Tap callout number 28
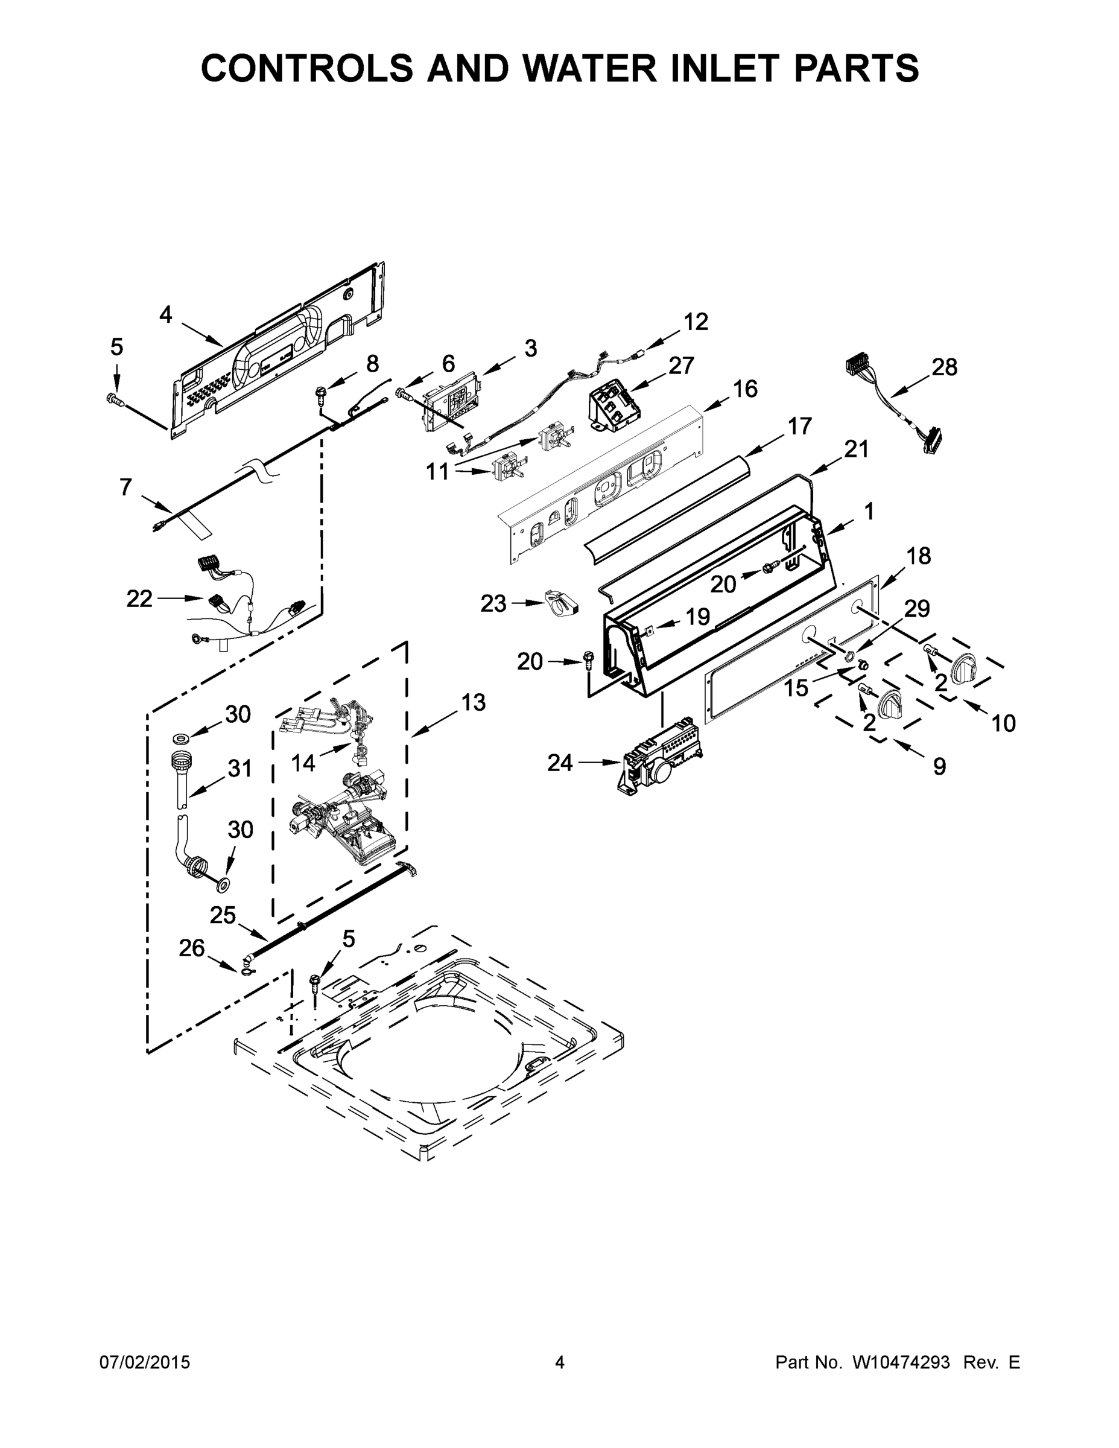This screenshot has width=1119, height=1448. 944,367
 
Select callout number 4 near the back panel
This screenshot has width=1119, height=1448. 166,314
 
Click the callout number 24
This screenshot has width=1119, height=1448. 560,763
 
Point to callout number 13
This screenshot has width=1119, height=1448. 474,702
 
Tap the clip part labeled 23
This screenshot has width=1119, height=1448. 561,602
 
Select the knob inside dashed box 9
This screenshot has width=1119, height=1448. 890,703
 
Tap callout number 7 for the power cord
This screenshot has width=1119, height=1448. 125,487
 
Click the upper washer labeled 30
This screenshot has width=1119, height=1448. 180,737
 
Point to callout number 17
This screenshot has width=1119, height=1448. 799,427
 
